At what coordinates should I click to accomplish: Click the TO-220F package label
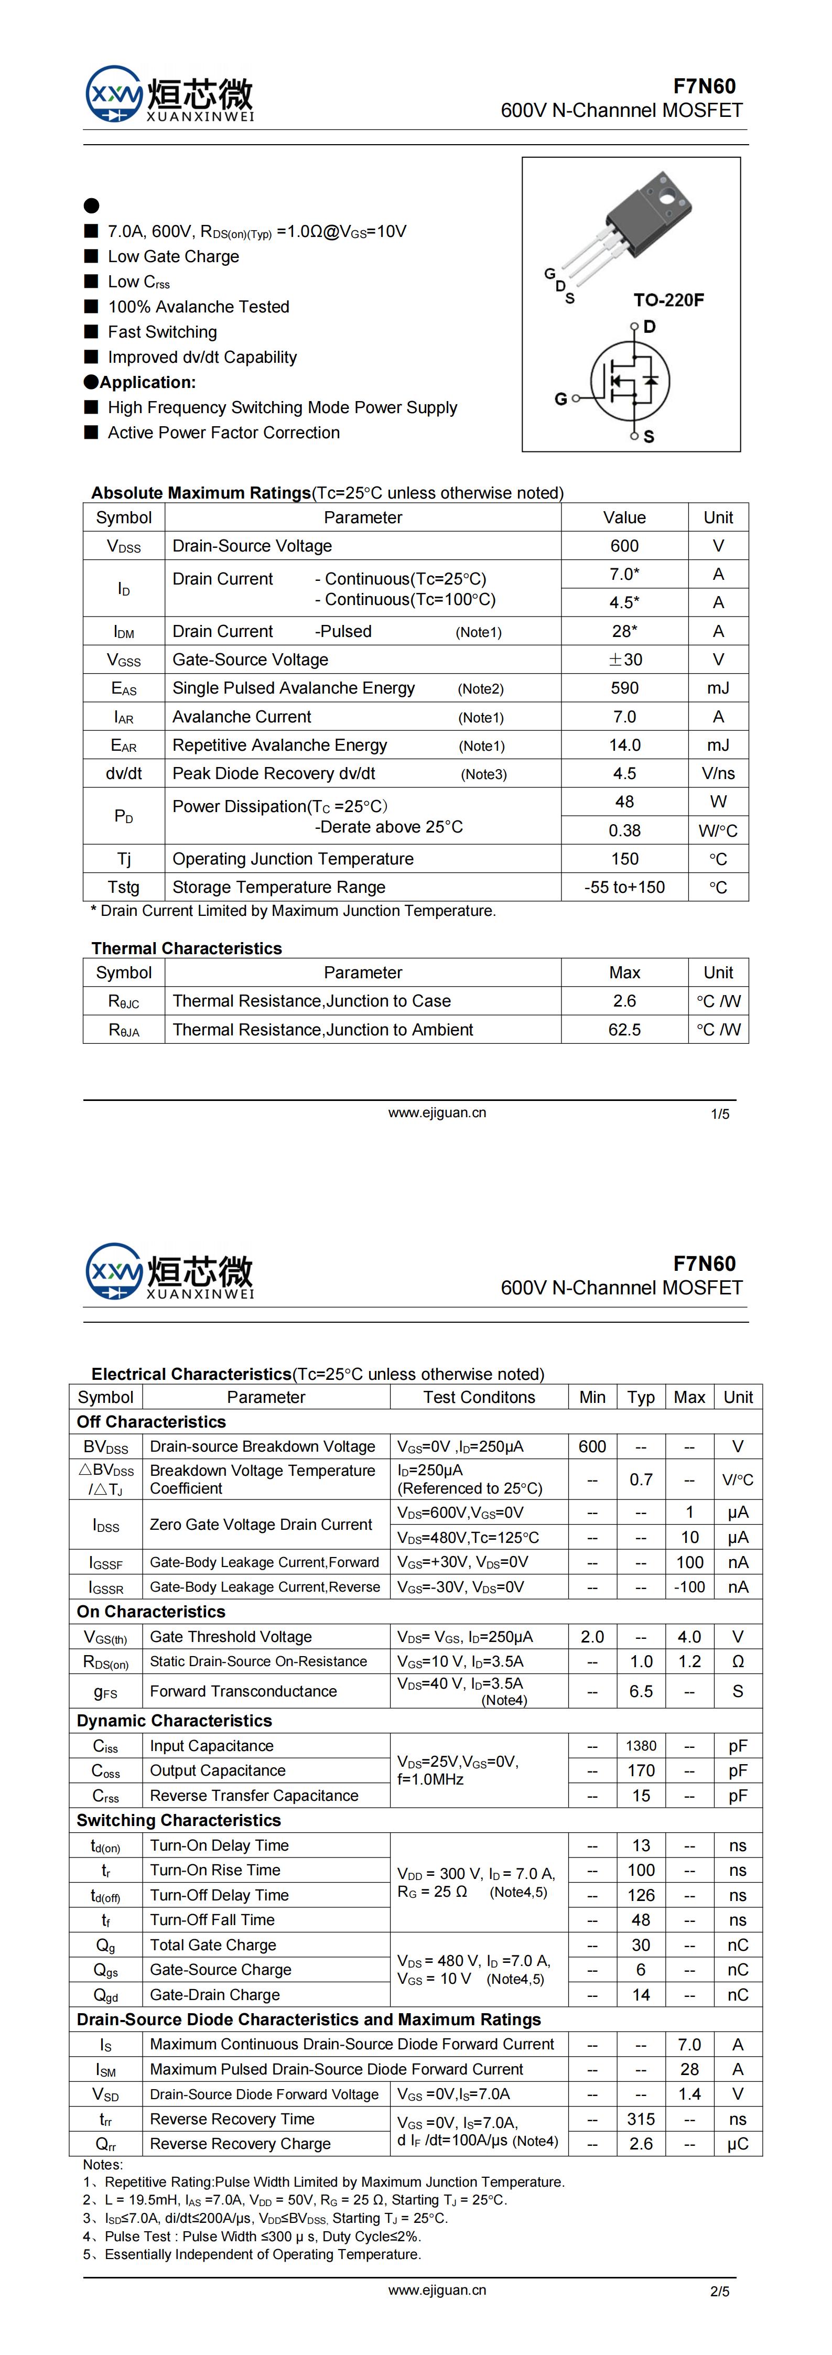[668, 300]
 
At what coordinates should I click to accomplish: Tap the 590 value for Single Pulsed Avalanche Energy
[624, 687]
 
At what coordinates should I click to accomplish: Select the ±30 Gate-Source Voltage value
[624, 659]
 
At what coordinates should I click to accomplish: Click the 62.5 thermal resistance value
[624, 1030]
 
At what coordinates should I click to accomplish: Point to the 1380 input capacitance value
[641, 1745]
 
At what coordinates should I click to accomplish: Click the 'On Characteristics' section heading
[151, 1611]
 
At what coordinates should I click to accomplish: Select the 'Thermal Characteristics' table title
[187, 948]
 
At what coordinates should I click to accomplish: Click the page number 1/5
[719, 1114]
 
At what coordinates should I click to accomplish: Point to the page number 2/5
[719, 2291]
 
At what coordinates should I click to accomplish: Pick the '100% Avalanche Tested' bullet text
[198, 306]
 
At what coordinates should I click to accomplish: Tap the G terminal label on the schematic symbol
[560, 398]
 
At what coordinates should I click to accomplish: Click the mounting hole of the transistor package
[668, 195]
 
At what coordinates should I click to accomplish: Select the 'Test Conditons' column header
[479, 1397]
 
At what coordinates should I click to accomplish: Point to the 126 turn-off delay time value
[641, 1894]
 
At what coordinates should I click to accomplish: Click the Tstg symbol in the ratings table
[123, 887]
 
